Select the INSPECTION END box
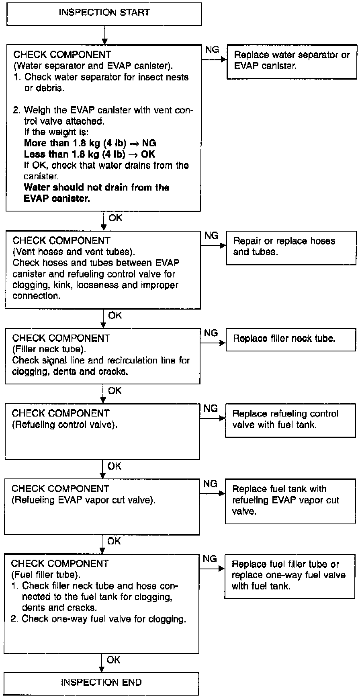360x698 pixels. [102, 684]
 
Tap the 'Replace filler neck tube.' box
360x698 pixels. [291, 340]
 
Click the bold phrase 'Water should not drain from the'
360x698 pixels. [97, 187]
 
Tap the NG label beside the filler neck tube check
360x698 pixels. [211, 333]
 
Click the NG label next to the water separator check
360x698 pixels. [212, 49]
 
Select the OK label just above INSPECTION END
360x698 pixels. [114, 660]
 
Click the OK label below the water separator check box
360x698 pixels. [115, 218]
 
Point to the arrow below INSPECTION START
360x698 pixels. [104, 35]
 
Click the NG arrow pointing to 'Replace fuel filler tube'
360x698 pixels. [212, 569]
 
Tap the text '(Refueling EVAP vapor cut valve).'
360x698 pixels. [84, 500]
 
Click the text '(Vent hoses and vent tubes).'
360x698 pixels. [74, 252]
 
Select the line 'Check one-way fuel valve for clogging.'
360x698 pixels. [98, 619]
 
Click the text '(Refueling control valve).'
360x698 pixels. [65, 425]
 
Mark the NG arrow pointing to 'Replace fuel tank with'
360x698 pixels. [212, 494]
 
